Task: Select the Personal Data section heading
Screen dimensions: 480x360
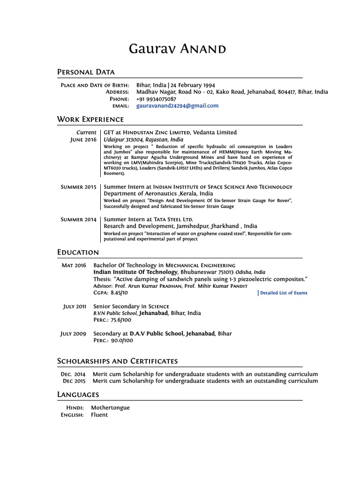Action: (x=86, y=72)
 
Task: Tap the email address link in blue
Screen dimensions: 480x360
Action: (x=177, y=106)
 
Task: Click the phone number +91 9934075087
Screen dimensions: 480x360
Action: (x=156, y=99)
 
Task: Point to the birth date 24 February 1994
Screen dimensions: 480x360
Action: (x=193, y=85)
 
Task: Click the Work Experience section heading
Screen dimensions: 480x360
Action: (x=90, y=120)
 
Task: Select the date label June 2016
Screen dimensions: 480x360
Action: (x=83, y=140)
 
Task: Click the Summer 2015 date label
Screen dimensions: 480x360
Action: (x=78, y=187)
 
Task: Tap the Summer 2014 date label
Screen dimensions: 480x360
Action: (x=78, y=219)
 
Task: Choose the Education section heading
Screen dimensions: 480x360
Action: (x=78, y=253)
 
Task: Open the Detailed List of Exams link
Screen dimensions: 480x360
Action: (x=284, y=293)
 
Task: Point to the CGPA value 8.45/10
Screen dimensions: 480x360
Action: (x=119, y=292)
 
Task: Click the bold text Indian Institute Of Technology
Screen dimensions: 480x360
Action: (x=135, y=272)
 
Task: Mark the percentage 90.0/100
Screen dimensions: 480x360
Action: (x=122, y=341)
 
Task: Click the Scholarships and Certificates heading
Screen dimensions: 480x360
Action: (x=117, y=361)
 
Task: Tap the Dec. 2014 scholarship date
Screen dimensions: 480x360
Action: (x=73, y=375)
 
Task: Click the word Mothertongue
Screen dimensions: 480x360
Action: (x=110, y=408)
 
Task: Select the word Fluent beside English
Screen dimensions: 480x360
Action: (x=99, y=415)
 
